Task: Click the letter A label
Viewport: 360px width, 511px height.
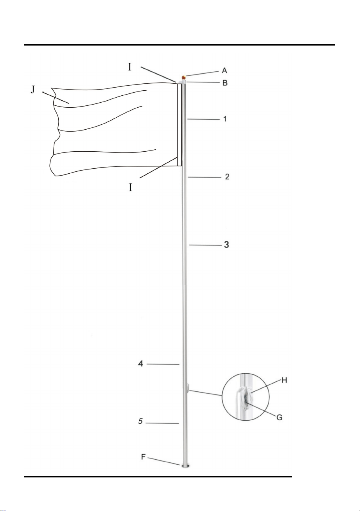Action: point(225,71)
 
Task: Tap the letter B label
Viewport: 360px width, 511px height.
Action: point(225,83)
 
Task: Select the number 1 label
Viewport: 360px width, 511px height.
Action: point(225,119)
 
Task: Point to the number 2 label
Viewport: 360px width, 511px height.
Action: point(227,176)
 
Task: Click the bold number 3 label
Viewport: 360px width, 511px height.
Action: point(226,245)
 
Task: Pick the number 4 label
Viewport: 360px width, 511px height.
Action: point(141,364)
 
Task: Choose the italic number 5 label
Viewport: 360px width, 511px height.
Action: point(140,421)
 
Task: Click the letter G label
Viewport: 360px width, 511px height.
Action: point(279,418)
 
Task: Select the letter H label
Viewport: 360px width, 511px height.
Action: point(284,380)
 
